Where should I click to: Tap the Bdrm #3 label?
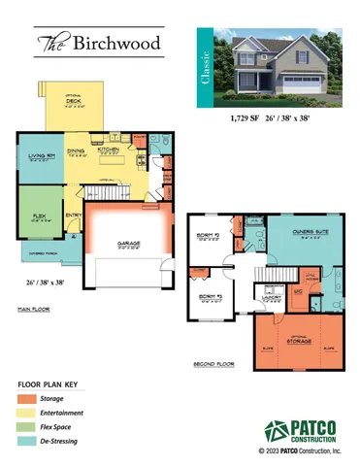click(209, 297)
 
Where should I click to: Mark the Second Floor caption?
click(213, 364)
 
